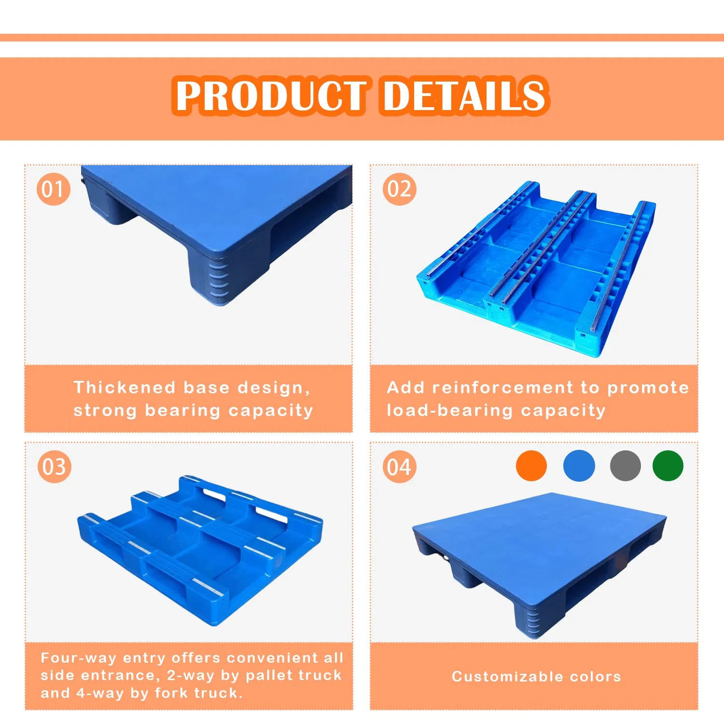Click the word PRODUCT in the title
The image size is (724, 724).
(270, 96)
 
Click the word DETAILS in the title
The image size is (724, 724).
(464, 96)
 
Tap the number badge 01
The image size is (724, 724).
(53, 189)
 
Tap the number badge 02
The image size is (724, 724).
(399, 189)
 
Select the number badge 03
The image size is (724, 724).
(54, 467)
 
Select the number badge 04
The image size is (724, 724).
(399, 467)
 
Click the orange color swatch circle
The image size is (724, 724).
(531, 465)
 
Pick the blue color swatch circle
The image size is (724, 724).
(579, 465)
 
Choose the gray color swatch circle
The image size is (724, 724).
(625, 465)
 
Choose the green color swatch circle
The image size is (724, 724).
(668, 465)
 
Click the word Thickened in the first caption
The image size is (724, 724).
(125, 388)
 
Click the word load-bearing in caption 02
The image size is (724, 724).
(449, 411)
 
